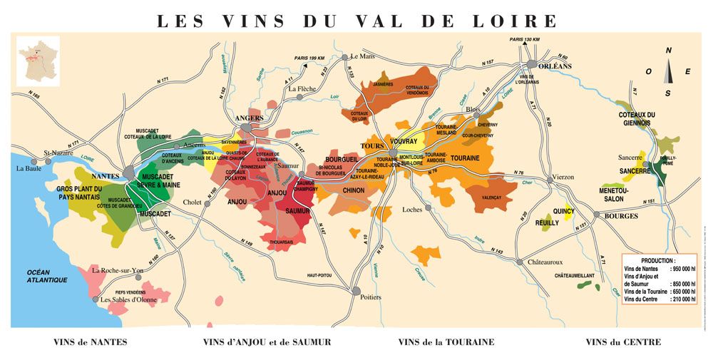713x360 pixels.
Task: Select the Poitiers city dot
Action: (x=356, y=290)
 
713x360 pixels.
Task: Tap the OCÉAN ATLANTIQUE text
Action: (x=47, y=277)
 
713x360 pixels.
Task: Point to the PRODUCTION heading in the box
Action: (x=658, y=261)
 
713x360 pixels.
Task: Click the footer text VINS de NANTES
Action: (x=90, y=343)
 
